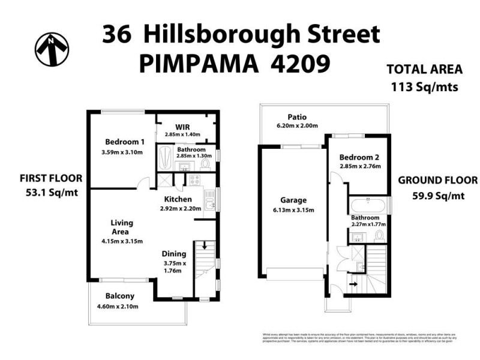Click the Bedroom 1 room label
point(125,142)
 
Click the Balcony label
point(120,296)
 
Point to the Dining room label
point(176,254)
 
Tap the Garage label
point(293,200)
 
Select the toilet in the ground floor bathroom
point(379,235)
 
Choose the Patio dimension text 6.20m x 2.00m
point(296,126)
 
